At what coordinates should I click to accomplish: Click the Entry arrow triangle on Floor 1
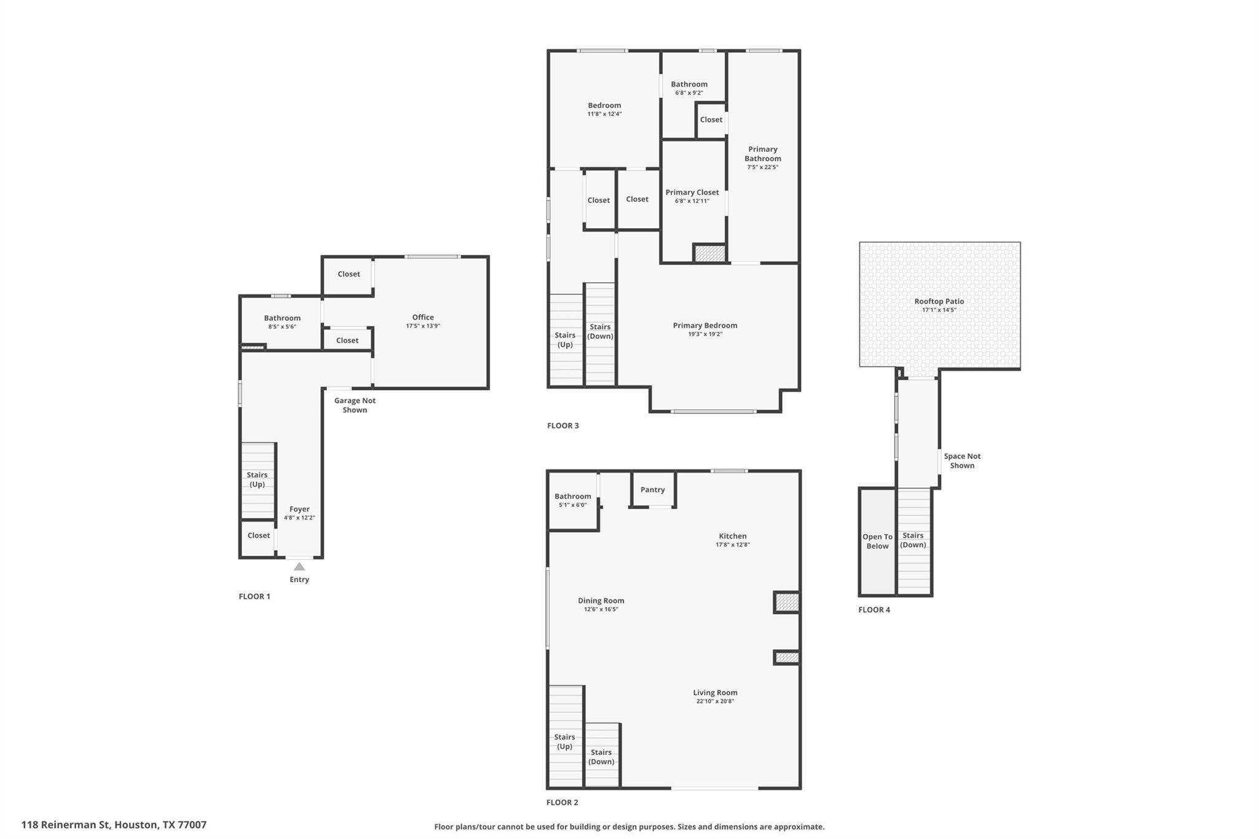click(x=299, y=566)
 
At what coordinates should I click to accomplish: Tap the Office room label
click(x=423, y=317)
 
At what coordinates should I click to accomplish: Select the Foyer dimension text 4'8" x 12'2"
click(x=299, y=518)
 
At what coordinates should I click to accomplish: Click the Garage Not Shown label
click(x=355, y=405)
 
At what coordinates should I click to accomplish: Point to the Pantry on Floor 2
click(x=652, y=490)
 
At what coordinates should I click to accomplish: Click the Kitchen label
click(x=733, y=536)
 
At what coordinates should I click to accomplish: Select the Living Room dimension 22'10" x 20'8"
click(x=715, y=701)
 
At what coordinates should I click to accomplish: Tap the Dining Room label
click(x=601, y=601)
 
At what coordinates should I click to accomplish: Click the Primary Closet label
click(x=692, y=192)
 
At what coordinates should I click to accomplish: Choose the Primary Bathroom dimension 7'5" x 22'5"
click(x=762, y=167)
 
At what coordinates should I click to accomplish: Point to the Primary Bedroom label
click(x=705, y=325)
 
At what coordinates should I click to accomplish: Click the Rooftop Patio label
click(x=939, y=301)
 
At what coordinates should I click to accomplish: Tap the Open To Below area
click(x=877, y=542)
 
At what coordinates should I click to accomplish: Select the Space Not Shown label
click(x=962, y=460)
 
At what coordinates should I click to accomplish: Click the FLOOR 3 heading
click(x=563, y=425)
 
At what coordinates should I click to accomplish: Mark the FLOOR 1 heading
click(x=255, y=596)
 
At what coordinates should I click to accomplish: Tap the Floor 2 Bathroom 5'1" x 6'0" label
click(x=572, y=497)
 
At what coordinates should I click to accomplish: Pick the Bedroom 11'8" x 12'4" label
click(x=604, y=106)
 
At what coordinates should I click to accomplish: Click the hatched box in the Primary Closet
click(x=710, y=253)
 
